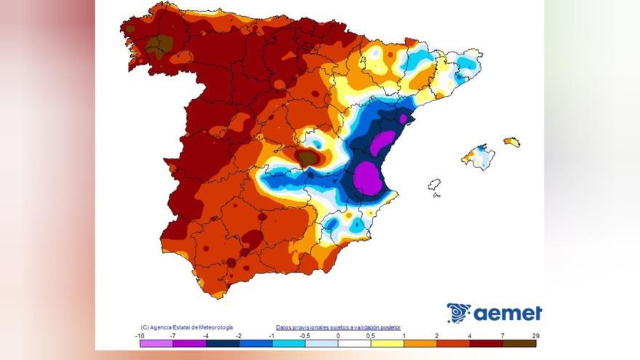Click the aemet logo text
[x=508, y=313]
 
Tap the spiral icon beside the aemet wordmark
[x=459, y=313]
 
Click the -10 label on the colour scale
[x=140, y=335]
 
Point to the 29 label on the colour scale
[x=535, y=335]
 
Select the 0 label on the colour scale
[x=338, y=335]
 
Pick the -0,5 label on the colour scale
[x=305, y=335]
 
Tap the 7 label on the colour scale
[x=503, y=335]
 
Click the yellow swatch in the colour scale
[x=387, y=343]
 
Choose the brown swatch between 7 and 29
[x=519, y=343]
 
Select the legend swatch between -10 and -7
[x=156, y=343]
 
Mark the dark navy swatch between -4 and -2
[x=223, y=343]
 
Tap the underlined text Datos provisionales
[x=338, y=328]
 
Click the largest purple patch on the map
[x=368, y=178]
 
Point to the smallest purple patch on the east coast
[x=402, y=118]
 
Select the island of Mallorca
[x=479, y=156]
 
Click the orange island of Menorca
[x=512, y=142]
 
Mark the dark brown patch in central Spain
[x=308, y=157]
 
